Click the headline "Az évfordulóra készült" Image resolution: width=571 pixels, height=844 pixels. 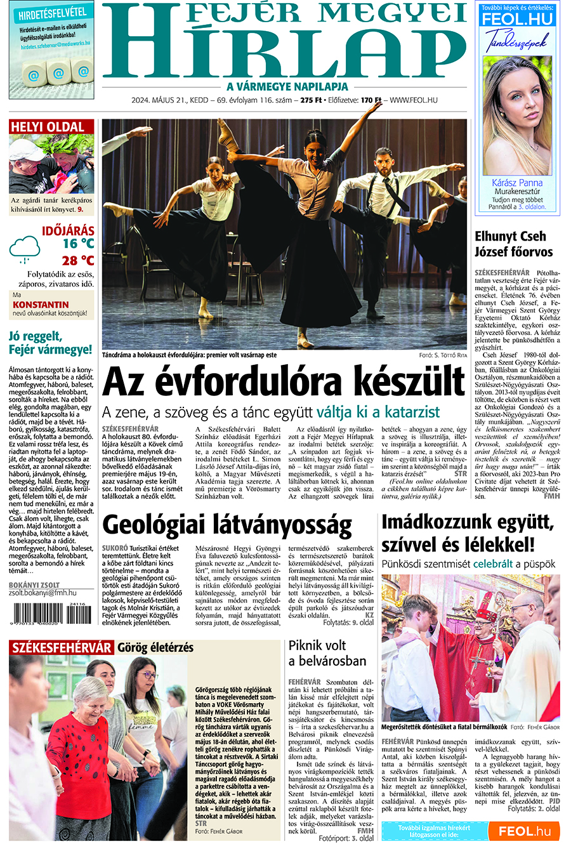pos(283,382)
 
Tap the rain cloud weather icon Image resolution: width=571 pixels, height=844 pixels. pos(24,249)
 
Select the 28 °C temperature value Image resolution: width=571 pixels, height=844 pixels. pos(78,261)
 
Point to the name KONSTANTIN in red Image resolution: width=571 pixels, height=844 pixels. pos(41,305)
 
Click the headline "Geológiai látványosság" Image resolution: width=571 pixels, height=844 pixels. pos(226,525)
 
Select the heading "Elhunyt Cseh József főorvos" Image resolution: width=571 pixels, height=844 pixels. pos(513,244)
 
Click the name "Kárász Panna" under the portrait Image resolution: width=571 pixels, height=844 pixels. pos(517,183)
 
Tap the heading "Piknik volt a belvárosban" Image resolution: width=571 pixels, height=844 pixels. pos(327,653)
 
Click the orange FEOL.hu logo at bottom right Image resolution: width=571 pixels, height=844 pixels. pos(524,831)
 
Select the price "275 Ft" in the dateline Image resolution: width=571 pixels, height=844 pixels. pos(311,100)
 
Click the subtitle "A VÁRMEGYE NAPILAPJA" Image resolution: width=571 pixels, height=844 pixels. pos(287,86)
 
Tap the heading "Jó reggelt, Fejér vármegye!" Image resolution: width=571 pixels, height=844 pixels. pos(50,343)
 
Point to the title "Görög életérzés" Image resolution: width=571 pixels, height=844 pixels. pos(155,648)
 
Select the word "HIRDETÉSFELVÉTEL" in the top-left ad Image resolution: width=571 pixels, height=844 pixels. pos(52,13)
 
